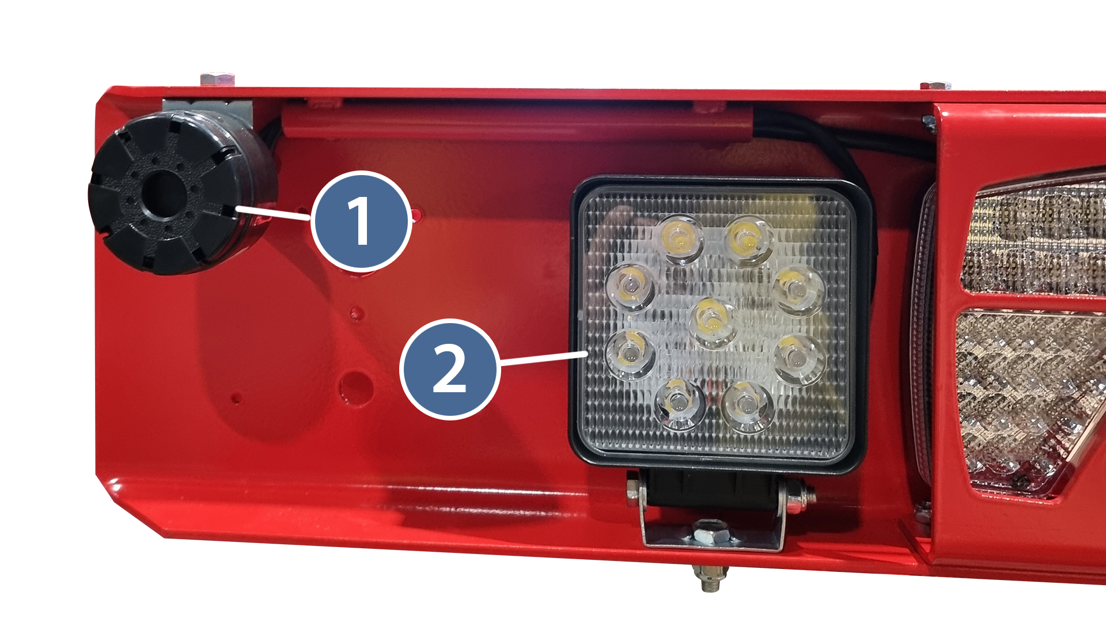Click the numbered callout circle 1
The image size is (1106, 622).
point(361,221)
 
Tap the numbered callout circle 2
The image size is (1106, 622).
point(449,369)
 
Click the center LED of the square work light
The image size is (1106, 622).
point(713,321)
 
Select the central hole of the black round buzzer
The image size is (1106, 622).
point(165,194)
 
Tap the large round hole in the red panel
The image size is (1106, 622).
point(356,388)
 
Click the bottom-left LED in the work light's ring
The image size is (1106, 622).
point(680,404)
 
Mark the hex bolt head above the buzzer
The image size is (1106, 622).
point(217,79)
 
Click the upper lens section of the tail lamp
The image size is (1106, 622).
point(1033,237)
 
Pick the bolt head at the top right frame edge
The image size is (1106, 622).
point(935,86)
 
